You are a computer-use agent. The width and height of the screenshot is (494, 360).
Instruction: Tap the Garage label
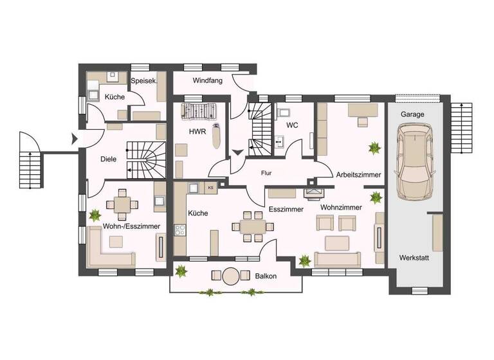point(412,113)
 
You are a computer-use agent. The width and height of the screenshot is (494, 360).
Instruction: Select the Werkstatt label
point(414,257)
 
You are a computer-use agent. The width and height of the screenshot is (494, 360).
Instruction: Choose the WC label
point(292,125)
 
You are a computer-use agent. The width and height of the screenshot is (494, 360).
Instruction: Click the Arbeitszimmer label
point(358,174)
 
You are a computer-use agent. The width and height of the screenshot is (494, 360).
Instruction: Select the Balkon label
point(266,276)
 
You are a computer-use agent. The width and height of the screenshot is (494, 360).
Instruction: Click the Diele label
point(109,159)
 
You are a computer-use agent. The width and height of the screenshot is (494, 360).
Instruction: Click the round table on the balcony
point(230,276)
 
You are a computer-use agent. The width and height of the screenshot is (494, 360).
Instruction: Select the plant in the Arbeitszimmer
point(372,148)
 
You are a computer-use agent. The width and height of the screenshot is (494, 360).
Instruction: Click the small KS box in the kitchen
point(210,188)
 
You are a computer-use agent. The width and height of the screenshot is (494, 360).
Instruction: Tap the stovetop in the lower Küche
point(180,230)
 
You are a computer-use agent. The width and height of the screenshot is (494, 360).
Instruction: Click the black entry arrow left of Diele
point(75,138)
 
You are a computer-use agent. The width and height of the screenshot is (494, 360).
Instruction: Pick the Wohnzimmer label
point(341,208)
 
